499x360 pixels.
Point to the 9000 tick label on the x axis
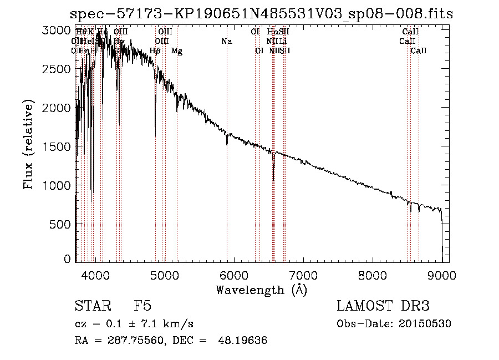[441, 274]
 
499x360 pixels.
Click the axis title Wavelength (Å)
[261, 289]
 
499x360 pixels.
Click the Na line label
[226, 41]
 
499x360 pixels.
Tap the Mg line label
[177, 51]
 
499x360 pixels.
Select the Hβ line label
[155, 51]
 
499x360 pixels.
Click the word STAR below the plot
[91, 306]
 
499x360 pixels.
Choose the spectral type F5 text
[142, 306]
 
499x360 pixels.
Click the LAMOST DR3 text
[383, 306]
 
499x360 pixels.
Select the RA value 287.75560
[137, 341]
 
